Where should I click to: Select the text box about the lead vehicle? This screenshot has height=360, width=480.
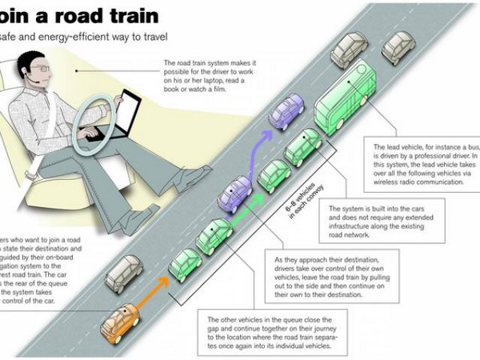pos(418,164)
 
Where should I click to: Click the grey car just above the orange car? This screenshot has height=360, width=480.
pos(125,271)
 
